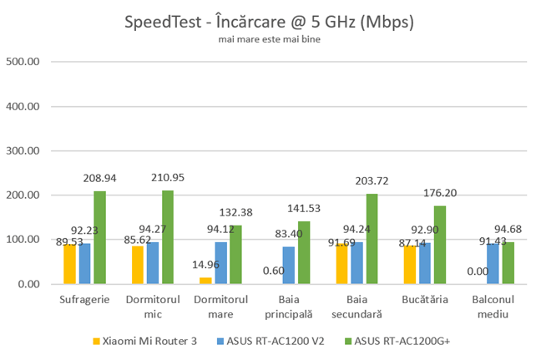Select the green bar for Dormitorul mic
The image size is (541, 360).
pos(167,237)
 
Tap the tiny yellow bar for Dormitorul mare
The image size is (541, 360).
pos(205,281)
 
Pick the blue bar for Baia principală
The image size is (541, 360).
pos(288,266)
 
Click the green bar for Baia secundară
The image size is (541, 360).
pos(371,239)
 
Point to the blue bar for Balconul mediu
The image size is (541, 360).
pos(493,264)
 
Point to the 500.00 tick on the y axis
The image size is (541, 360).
pos(23,62)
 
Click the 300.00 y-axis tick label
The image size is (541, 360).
pos(23,151)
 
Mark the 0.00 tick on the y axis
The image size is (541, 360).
pos(28,284)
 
